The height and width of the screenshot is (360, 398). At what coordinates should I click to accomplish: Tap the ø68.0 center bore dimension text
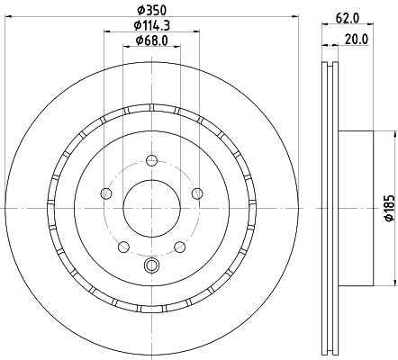pos(150,40)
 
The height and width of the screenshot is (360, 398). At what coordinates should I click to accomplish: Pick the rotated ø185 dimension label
pos(389,209)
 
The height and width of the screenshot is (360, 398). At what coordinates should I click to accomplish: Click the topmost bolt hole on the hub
pos(151,161)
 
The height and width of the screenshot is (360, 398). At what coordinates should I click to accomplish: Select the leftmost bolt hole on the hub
pos(107,194)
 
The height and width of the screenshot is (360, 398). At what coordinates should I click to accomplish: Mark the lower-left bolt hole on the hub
pos(123,246)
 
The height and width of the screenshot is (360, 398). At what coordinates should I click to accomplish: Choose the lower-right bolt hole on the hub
pos(179,246)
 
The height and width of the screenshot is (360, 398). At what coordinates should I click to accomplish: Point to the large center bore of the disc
pos(151,209)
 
